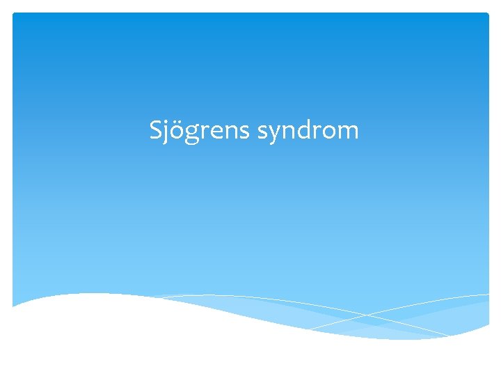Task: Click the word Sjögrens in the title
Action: pos(200,130)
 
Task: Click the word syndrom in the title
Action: pos(308,130)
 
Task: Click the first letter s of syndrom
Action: pos(263,132)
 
